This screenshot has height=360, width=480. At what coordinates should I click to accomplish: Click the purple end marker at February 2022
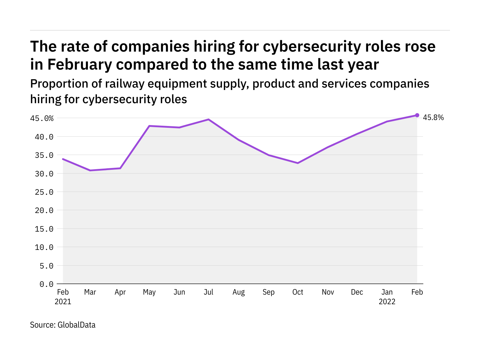click(x=417, y=115)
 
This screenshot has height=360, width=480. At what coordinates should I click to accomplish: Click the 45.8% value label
click(x=433, y=118)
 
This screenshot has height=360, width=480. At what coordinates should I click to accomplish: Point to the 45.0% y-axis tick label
click(x=42, y=118)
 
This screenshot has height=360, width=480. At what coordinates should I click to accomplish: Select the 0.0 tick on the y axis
click(x=46, y=284)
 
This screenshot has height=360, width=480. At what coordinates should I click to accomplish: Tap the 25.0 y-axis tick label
click(x=44, y=192)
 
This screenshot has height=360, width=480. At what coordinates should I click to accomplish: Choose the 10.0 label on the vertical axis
click(x=44, y=247)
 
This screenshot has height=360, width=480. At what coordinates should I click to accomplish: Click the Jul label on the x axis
click(x=208, y=292)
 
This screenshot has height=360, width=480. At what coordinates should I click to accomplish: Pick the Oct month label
click(x=298, y=292)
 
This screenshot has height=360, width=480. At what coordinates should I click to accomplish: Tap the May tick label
click(x=149, y=292)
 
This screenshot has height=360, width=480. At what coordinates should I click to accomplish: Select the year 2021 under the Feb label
click(x=63, y=301)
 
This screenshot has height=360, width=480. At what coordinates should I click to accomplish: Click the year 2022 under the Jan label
click(x=387, y=301)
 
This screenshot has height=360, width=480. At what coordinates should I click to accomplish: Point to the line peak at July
click(x=208, y=119)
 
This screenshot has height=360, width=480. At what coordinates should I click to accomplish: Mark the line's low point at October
click(x=298, y=163)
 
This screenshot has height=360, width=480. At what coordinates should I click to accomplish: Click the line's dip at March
click(x=90, y=170)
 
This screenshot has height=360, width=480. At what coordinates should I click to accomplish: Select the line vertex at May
click(x=149, y=126)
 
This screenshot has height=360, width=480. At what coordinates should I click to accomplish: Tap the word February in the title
click(x=79, y=64)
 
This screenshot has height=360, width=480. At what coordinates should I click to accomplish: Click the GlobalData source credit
click(x=76, y=325)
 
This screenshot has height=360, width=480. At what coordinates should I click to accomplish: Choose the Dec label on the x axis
click(x=357, y=292)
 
